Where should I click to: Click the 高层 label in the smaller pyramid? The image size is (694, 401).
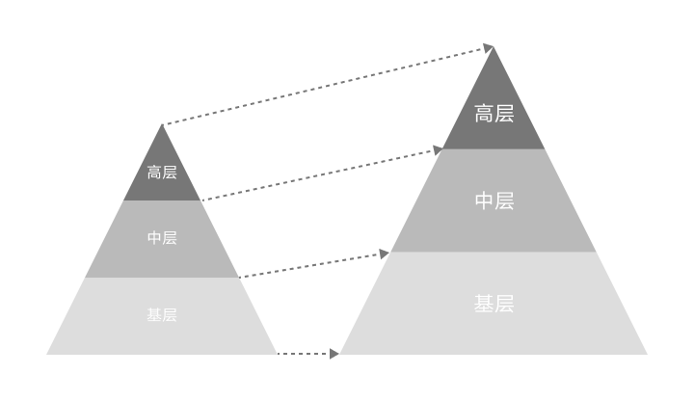pyautogui.click(x=162, y=173)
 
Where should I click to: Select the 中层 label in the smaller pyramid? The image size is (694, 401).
pyautogui.click(x=162, y=238)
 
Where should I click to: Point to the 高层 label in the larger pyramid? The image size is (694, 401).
pyautogui.click(x=494, y=114)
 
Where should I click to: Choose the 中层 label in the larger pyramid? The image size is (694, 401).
pyautogui.click(x=494, y=201)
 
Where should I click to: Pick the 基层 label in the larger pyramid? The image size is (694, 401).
pyautogui.click(x=494, y=304)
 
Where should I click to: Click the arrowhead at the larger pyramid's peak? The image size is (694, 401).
pyautogui.click(x=488, y=47)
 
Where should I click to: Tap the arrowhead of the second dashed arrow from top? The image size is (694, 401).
pyautogui.click(x=438, y=150)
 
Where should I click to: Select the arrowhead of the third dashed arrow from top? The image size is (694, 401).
pyautogui.click(x=384, y=254)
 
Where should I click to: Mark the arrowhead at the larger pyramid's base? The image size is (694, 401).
pyautogui.click(x=334, y=354)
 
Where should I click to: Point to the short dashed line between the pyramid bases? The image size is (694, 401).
pyautogui.click(x=303, y=354)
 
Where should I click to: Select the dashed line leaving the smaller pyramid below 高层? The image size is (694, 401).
pyautogui.click(x=318, y=175)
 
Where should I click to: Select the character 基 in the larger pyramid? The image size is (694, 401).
pyautogui.click(x=484, y=304)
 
